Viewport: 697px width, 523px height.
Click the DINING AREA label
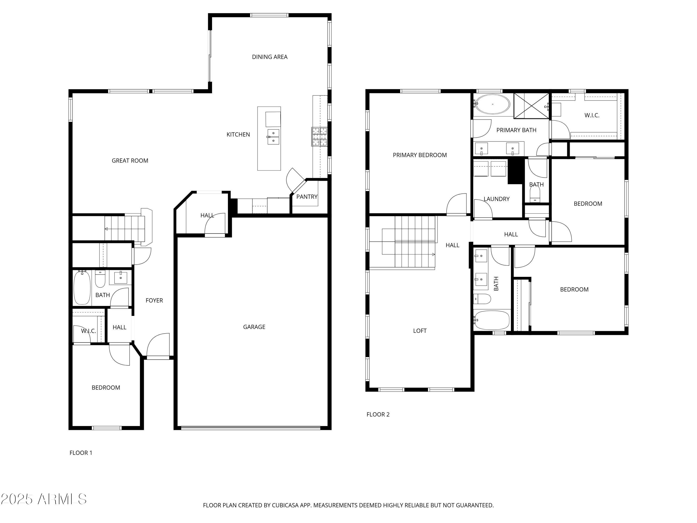point(270,57)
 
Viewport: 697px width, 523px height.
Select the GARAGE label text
point(254,327)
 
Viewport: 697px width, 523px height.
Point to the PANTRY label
point(307,197)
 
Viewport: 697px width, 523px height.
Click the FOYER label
point(154,300)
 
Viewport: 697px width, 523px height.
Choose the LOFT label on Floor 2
point(420,331)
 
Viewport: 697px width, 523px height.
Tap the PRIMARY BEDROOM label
point(420,155)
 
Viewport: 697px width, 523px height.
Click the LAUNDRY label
point(496,199)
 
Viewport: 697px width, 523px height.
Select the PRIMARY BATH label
point(516,130)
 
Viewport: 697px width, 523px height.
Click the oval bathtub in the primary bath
point(493,104)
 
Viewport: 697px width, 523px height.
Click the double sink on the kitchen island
point(273,137)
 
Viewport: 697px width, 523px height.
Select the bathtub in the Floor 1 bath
point(82,288)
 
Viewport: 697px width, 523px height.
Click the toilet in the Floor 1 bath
point(100,279)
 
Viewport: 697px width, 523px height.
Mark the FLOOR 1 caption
point(81,453)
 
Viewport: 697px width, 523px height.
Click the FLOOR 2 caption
point(378,414)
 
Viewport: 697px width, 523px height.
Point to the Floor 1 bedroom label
point(106,387)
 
